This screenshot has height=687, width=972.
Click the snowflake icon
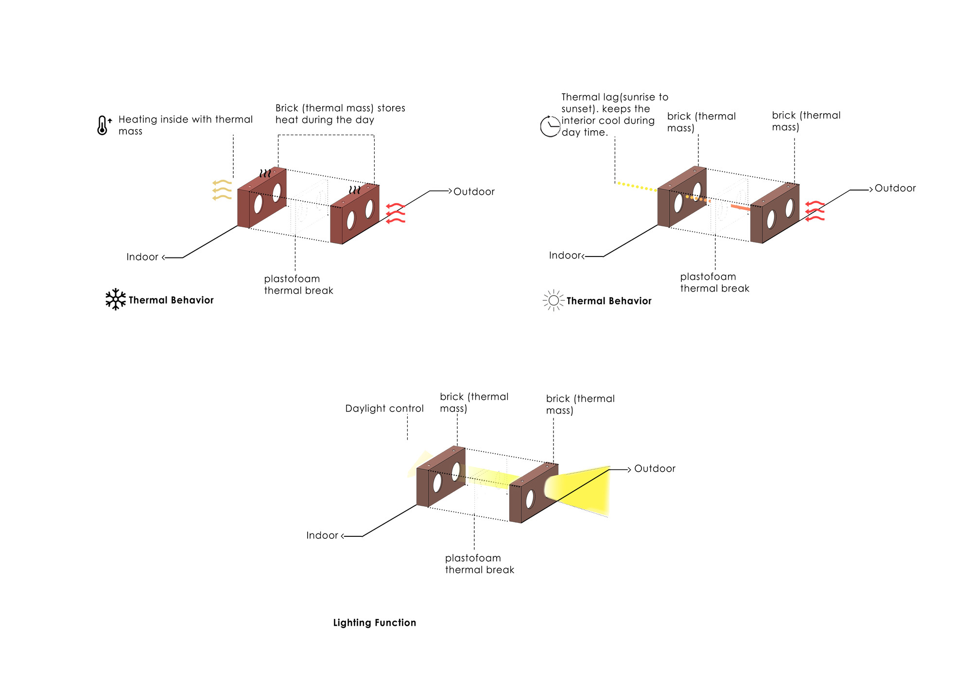coord(115,299)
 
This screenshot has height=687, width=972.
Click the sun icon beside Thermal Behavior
coord(553,301)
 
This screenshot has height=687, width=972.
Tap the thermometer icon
coord(103,125)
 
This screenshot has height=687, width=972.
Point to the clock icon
coord(550,126)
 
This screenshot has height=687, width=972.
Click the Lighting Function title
coord(374,623)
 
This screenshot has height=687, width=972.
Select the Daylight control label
coord(384,409)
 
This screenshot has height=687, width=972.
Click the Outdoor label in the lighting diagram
coord(654,469)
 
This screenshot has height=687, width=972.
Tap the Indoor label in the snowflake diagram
coord(142,257)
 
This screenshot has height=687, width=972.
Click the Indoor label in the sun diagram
coord(565,256)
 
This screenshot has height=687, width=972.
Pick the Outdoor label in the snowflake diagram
coord(474,192)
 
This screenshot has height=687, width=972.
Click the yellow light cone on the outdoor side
coord(581,490)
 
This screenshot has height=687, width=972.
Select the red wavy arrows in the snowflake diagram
coord(396,213)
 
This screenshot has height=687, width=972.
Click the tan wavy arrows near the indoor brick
coord(222,190)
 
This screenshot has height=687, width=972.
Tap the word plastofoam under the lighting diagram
coord(472,558)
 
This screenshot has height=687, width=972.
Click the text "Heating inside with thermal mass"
coord(185,125)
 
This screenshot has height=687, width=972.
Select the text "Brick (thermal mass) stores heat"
coord(340,114)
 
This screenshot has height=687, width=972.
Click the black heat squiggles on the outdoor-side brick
coord(355,189)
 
